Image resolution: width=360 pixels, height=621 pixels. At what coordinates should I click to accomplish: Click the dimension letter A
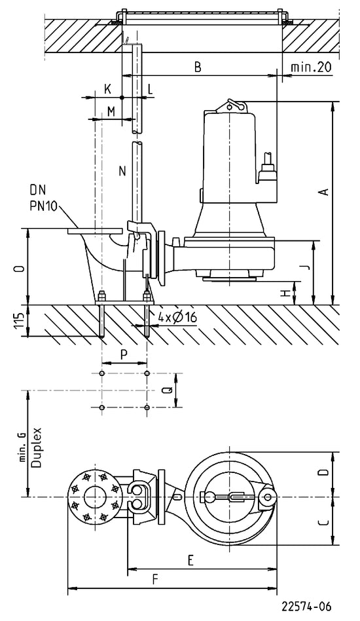[x=324, y=192]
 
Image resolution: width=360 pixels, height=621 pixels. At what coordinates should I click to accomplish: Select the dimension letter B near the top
[x=198, y=67]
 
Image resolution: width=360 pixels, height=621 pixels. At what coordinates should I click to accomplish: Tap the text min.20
[x=311, y=67]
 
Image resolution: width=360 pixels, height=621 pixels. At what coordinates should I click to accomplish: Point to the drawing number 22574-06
[x=306, y=606]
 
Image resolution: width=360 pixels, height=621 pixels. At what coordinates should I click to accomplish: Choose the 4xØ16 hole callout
[x=177, y=317]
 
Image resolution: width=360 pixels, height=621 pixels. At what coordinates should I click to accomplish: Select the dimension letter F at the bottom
[x=155, y=580]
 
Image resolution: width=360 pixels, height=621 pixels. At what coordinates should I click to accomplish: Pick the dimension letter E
[x=190, y=560]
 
